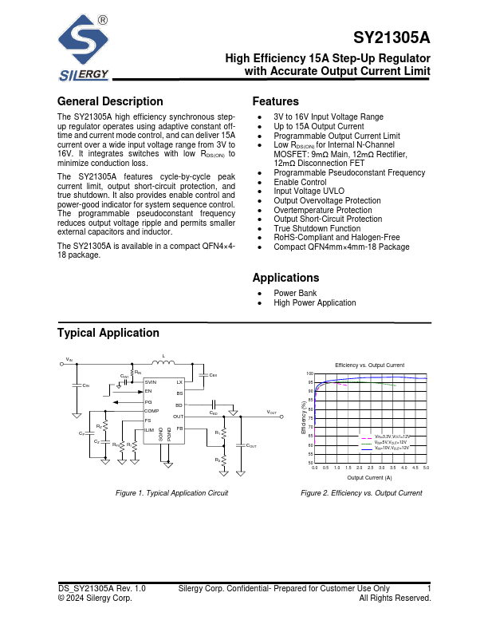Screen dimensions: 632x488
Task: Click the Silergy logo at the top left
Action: (84, 49)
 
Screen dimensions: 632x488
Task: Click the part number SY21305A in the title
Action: (392, 39)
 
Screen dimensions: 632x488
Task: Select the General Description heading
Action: (110, 101)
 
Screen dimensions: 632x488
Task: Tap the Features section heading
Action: (275, 101)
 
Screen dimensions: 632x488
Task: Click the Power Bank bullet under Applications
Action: (295, 293)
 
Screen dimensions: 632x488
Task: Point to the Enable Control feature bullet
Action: (300, 182)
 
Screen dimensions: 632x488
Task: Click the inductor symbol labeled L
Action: (163, 364)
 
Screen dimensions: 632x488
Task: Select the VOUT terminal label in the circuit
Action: (272, 412)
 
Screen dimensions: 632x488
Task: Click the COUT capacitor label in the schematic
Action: (250, 445)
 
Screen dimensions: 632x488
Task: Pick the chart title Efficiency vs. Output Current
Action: (369, 364)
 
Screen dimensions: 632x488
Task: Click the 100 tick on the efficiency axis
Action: (310, 373)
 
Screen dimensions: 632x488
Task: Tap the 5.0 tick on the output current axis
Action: (427, 467)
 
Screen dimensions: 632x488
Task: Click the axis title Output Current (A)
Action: (369, 476)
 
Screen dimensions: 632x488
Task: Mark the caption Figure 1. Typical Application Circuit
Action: (171, 493)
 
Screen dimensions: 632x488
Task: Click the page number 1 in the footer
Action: (429, 588)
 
